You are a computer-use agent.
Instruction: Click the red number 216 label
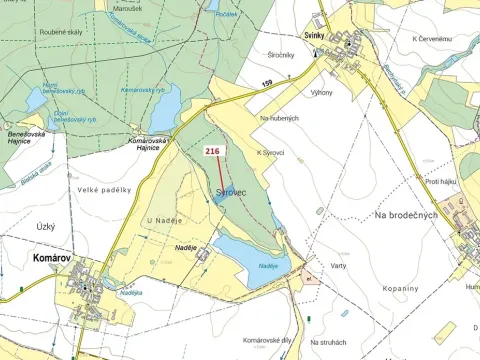pos(212,151)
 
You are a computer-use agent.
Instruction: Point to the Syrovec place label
pos(231,191)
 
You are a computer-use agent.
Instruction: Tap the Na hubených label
pos(279,118)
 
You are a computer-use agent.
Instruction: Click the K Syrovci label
pos(271,152)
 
